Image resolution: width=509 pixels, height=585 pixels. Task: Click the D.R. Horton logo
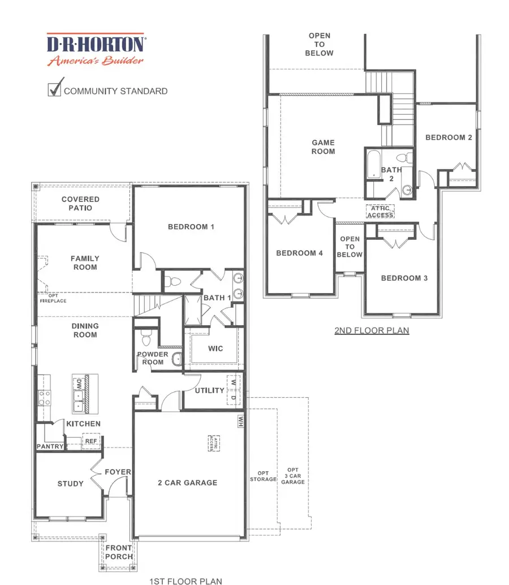tap(96, 50)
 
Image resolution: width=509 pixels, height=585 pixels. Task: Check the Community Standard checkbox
tap(55, 89)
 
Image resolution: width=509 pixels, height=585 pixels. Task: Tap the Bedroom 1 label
tap(191, 227)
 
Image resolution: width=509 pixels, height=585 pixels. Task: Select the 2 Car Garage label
tap(187, 483)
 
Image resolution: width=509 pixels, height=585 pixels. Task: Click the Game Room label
tap(323, 147)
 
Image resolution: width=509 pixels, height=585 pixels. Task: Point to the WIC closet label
tap(215, 349)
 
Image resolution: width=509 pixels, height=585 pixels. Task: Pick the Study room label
tap(71, 484)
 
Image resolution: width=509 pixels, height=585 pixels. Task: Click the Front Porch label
tap(119, 552)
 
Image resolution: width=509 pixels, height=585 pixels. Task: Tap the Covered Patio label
tap(80, 204)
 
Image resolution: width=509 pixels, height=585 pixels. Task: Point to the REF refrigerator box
tap(90, 441)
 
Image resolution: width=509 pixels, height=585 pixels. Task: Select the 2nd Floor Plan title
tap(372, 330)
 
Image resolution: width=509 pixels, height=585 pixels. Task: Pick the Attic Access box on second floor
tap(380, 211)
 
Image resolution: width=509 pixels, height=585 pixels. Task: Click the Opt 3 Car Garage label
tap(293, 476)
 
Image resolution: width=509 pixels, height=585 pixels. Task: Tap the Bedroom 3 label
tap(400, 278)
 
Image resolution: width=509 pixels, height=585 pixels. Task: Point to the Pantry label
tap(50, 446)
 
